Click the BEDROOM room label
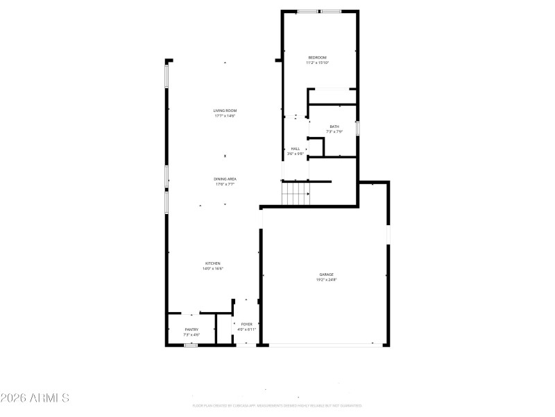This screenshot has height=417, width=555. tap(317, 57)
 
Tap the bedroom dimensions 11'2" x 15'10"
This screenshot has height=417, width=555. tap(317, 63)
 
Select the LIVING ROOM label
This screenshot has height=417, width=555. tap(225, 111)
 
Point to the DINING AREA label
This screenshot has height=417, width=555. tap(225, 179)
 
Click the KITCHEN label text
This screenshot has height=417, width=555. tap(212, 263)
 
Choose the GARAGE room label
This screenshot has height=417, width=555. tap(326, 275)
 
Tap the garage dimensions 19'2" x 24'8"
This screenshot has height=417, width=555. tap(326, 280)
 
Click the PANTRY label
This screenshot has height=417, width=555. tap(191, 329)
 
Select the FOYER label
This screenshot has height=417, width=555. tap(246, 324)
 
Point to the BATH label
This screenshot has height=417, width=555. tap(334, 126)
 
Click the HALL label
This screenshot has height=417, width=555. tap(296, 148)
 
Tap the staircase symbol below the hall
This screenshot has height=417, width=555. tap(295, 193)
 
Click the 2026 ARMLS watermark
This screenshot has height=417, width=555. tap(35, 398)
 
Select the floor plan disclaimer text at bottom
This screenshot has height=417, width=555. tap(277, 405)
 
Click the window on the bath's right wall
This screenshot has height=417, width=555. tap(357, 129)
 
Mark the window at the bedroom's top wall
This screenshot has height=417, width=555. tap(319, 11)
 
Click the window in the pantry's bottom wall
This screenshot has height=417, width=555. tap(191, 345)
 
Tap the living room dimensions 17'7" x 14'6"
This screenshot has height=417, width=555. tap(225, 116)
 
